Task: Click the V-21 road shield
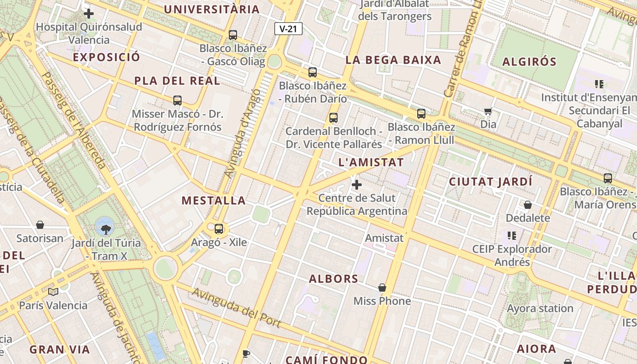288,29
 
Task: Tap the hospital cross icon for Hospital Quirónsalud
89,14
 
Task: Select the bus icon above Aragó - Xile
219,228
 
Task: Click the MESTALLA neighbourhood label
213,200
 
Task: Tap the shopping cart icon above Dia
488,111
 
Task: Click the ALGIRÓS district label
529,62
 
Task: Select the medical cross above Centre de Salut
357,185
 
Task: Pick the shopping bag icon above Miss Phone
382,288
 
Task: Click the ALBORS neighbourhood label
334,279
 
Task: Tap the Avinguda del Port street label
236,308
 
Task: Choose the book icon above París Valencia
53,291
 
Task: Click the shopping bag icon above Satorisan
40,225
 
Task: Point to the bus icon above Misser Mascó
177,101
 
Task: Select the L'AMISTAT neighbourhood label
371,162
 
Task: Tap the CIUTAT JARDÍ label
490,182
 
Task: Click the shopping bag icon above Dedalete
528,205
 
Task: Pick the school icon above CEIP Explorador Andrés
512,236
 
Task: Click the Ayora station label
540,308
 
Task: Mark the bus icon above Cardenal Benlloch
334,118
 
